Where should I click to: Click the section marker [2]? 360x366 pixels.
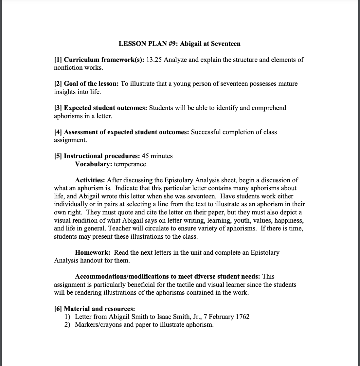coord(58,83)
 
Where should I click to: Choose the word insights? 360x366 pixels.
coord(65,92)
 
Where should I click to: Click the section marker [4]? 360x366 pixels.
coord(58,132)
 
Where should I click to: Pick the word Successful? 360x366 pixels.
coord(206,132)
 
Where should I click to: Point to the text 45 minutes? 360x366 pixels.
coord(157,156)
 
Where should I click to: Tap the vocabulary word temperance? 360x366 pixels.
coord(131,164)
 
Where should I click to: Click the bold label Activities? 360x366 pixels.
coord(90,180)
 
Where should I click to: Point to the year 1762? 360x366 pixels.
coord(242,317)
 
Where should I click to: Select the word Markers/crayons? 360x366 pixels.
coord(98,325)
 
